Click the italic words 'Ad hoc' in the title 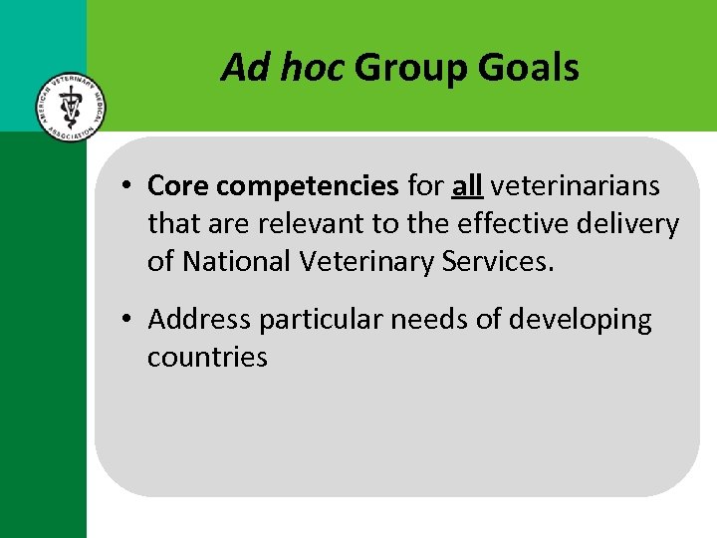(283, 68)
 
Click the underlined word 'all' (467, 185)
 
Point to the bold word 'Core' (178, 186)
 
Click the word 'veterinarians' (575, 186)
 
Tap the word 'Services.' (504, 261)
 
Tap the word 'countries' (207, 357)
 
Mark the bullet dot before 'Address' (129, 321)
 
